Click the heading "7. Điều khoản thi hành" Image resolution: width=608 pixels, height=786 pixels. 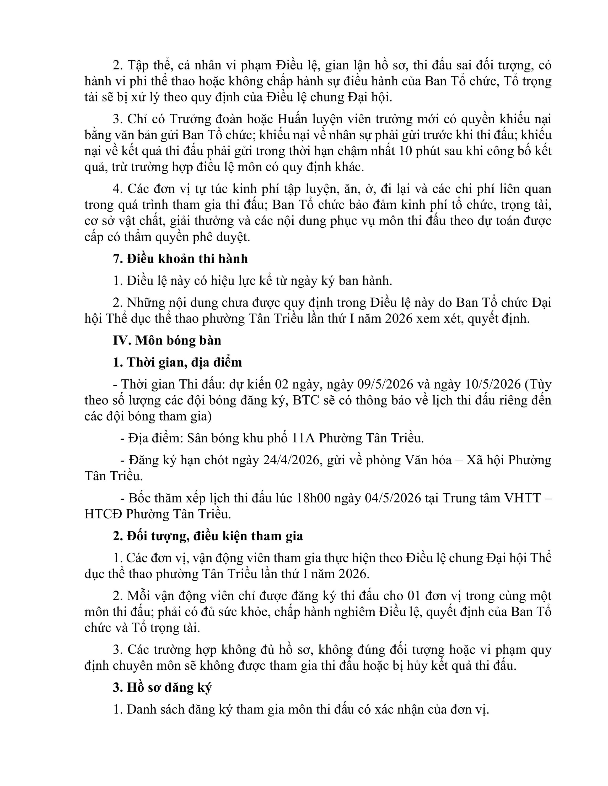point(180,259)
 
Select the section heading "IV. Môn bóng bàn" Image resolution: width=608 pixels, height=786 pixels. point(167,340)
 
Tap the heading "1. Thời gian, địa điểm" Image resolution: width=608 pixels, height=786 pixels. point(177,362)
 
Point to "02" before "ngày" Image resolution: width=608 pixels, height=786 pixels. point(282,384)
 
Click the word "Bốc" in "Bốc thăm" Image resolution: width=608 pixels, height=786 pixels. point(139,498)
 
